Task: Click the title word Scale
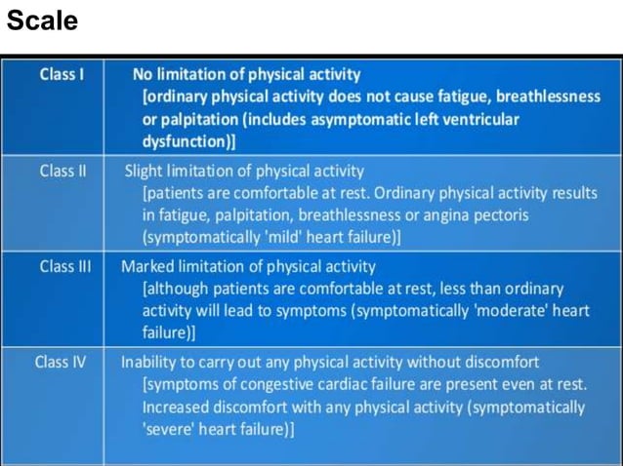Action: [x=42, y=19]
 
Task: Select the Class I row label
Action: [x=60, y=74]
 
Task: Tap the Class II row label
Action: [x=62, y=172]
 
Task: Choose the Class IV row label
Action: [x=61, y=362]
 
